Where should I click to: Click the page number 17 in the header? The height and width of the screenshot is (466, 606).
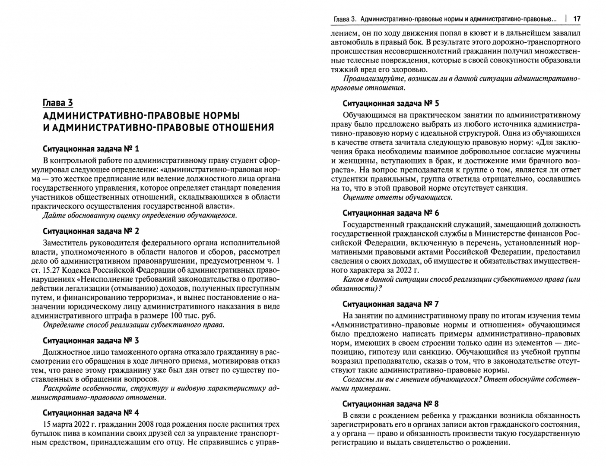point(576,19)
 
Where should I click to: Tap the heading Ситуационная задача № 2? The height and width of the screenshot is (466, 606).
point(91,231)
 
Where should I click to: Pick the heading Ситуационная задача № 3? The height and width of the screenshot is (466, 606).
point(91,340)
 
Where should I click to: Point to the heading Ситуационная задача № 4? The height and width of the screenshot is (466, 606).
point(91,412)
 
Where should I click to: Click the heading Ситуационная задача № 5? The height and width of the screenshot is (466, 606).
point(390,104)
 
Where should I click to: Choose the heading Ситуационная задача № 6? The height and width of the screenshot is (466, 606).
point(390,213)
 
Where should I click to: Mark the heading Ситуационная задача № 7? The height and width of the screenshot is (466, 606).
point(390,304)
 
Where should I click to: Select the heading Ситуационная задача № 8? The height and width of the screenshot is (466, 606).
point(390,404)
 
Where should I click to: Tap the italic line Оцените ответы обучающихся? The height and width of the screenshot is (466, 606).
point(397,197)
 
